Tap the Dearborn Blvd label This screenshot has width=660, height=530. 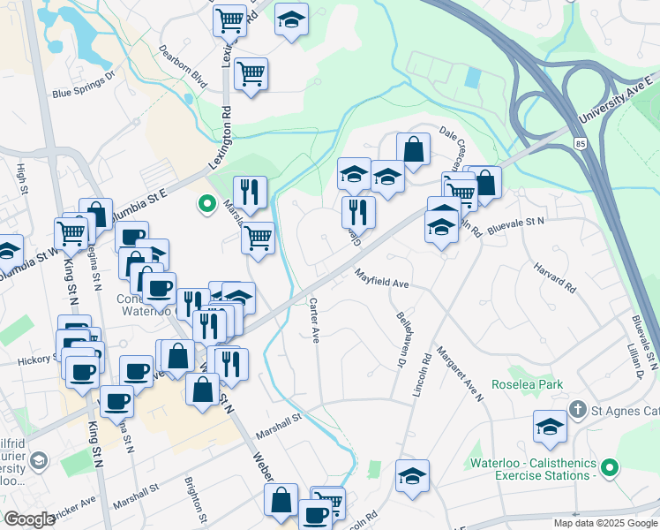(182, 67)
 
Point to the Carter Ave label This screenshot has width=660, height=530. (313, 320)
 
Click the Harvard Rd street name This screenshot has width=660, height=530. (554, 276)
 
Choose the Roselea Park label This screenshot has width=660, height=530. (528, 384)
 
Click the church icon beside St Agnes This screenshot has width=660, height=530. (577, 409)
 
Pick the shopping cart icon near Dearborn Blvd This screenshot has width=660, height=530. (251, 73)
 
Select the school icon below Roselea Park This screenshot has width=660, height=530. (550, 427)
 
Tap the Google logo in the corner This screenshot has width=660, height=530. (29, 519)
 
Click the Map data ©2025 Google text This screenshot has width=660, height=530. (605, 523)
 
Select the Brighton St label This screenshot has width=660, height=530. (197, 499)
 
